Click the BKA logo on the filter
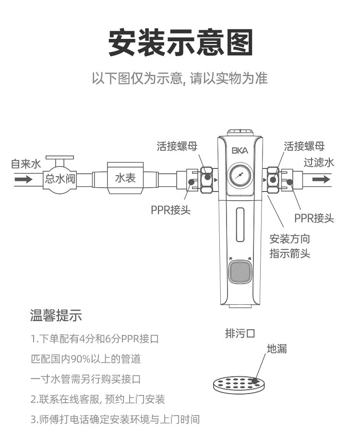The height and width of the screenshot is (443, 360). coord(240,150)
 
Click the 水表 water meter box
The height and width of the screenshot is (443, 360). coord(126,178)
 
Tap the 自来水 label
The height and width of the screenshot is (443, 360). coord(26,164)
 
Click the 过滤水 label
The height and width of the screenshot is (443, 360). coord(319,162)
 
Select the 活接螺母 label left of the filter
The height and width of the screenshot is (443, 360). coord(177,146)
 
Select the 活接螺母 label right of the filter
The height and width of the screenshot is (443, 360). coord(304,146)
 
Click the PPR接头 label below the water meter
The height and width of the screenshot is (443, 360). coord(171,210)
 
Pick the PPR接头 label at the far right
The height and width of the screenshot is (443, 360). coord(314,218)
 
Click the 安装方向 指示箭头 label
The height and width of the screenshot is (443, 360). coord(289,246)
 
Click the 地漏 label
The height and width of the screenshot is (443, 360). coord(276,349)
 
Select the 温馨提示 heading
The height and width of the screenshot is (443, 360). coord(56,316)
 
